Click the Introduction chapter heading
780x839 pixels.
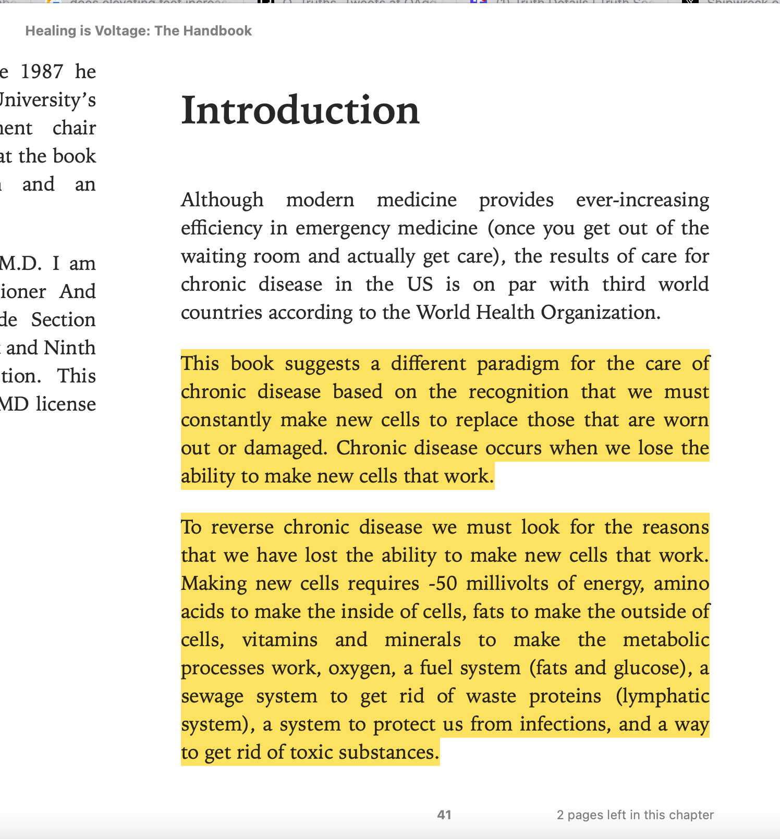(x=300, y=110)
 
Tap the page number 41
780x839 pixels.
(x=444, y=815)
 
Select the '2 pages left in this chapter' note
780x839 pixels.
(x=635, y=815)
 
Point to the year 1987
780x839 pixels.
(x=42, y=72)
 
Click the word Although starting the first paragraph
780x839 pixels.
(x=222, y=200)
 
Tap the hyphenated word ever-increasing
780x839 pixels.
(x=642, y=200)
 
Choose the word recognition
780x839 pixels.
(x=518, y=392)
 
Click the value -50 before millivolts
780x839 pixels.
(x=443, y=584)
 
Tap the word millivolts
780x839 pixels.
(x=507, y=584)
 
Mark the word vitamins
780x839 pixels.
(x=279, y=640)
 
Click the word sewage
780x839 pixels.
(x=212, y=696)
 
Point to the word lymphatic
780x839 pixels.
(x=662, y=696)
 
